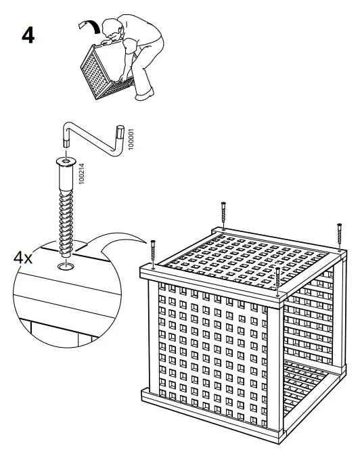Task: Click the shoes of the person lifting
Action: [x=143, y=95]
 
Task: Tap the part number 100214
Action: [x=81, y=174]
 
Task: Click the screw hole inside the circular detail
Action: [x=66, y=268]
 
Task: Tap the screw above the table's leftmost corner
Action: [x=154, y=252]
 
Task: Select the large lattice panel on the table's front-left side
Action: [x=210, y=345]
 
